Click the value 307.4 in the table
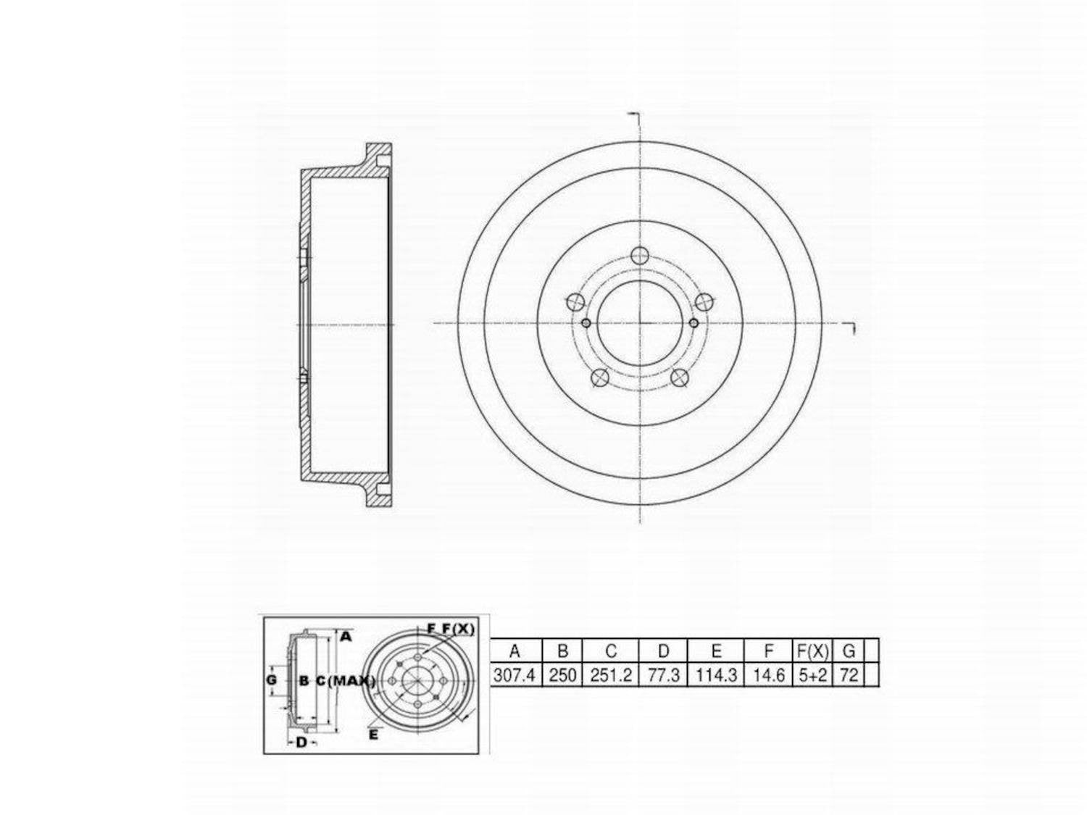[x=515, y=675]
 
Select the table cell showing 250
[x=562, y=675]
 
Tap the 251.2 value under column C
[x=611, y=675]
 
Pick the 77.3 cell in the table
[x=663, y=675]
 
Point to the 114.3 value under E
[x=716, y=675]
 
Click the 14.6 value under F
[x=769, y=675]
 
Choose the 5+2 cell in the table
[x=812, y=675]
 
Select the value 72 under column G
[x=849, y=675]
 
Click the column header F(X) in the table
[x=812, y=651]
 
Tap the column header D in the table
[x=663, y=651]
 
